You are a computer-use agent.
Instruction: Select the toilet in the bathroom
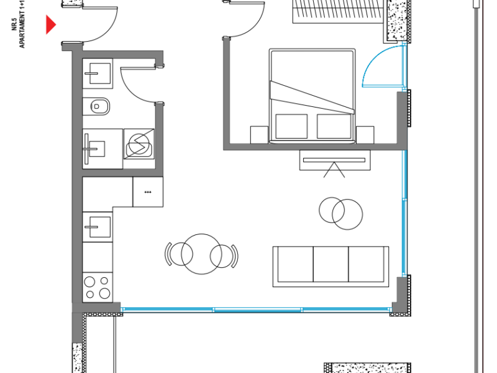pyautogui.click(x=99, y=106)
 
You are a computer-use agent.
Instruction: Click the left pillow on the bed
pyautogui.click(x=291, y=126)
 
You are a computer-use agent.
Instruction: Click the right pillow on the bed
pyautogui.click(x=334, y=126)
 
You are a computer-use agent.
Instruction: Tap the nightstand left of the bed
pyautogui.click(x=259, y=134)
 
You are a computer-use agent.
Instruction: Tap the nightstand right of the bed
pyautogui.click(x=365, y=134)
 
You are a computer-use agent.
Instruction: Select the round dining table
pyautogui.click(x=201, y=254)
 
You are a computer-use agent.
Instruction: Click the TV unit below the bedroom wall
pyautogui.click(x=335, y=160)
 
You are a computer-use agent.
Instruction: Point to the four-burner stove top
pyautogui.click(x=98, y=287)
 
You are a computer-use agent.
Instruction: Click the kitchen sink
pyautogui.click(x=98, y=226)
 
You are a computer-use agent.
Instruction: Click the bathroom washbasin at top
pyautogui.click(x=98, y=73)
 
